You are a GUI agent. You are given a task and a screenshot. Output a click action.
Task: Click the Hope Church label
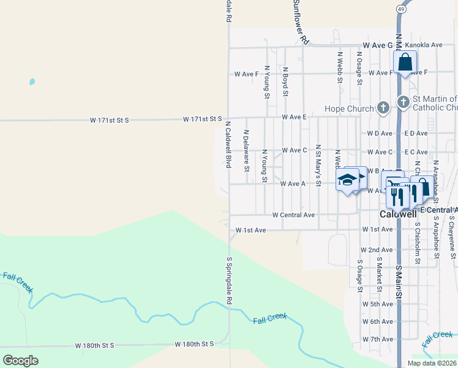tap(348, 109)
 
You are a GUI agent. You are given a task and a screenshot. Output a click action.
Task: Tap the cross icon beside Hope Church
tap(383, 109)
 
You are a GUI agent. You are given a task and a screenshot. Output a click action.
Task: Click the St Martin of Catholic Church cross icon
tap(403, 102)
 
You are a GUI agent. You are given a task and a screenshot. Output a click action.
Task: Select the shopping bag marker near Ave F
tap(405, 62)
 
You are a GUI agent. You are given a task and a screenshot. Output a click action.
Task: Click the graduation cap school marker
tap(347, 180)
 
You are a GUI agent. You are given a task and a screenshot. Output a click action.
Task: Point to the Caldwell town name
tap(398, 215)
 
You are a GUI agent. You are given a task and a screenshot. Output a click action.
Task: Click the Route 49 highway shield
tap(400, 10)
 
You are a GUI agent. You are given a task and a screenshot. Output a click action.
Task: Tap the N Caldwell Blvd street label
tap(227, 144)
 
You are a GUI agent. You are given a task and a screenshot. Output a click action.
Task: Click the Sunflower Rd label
tap(299, 21)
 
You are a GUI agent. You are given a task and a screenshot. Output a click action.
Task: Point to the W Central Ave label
tap(293, 215)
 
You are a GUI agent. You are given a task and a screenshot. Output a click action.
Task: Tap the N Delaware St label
tap(246, 150)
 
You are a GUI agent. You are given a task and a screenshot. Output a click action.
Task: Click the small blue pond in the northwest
tap(32, 82)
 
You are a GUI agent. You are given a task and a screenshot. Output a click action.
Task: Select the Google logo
tap(20, 360)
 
